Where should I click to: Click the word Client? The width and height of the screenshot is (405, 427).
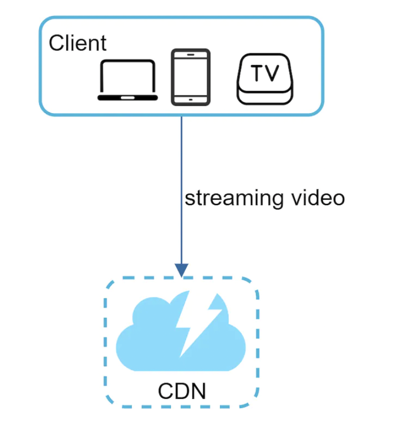pos(78,43)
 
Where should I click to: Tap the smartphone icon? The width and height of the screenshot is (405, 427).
pos(190,77)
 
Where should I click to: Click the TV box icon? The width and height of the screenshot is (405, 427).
pos(265,79)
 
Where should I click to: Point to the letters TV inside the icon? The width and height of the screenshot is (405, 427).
pos(265,73)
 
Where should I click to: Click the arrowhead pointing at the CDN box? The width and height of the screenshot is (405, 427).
pos(182,270)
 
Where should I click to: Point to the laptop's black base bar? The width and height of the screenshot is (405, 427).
pos(128,98)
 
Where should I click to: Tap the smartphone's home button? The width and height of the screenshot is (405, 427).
pos(190,99)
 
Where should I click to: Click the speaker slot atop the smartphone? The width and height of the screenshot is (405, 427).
pos(190,54)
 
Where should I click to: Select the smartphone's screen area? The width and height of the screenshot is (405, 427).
pos(190,76)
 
